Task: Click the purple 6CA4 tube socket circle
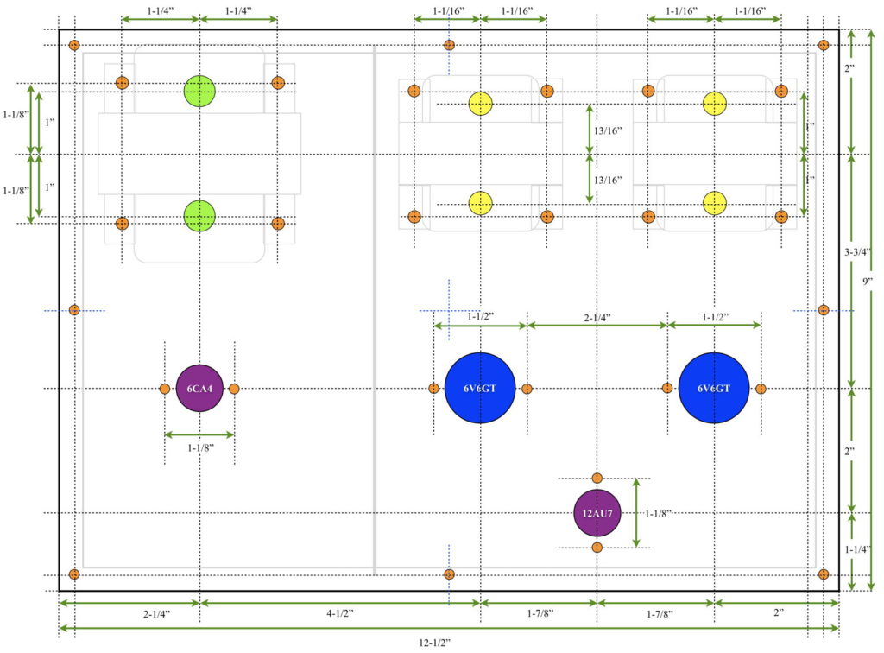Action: tap(199, 389)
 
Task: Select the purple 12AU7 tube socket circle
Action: tap(597, 513)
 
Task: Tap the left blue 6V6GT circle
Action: tap(480, 388)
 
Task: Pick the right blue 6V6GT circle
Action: tap(714, 388)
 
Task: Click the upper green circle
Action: tap(199, 91)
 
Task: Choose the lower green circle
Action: tap(199, 216)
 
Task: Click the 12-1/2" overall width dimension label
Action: tap(435, 643)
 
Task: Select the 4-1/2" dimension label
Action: tap(340, 613)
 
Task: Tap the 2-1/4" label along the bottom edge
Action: tap(156, 614)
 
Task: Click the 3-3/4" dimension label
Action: tap(857, 252)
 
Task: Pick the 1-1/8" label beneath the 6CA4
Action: tap(200, 447)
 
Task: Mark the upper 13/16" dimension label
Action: tap(608, 130)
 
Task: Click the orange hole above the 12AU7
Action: tap(597, 479)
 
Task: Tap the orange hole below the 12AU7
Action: tap(597, 548)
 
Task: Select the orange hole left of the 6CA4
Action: tap(165, 389)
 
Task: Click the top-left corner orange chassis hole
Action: tap(74, 45)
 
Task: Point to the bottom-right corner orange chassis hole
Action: tap(824, 574)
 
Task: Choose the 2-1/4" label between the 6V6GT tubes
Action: tap(597, 318)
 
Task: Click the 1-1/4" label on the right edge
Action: tap(857, 549)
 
